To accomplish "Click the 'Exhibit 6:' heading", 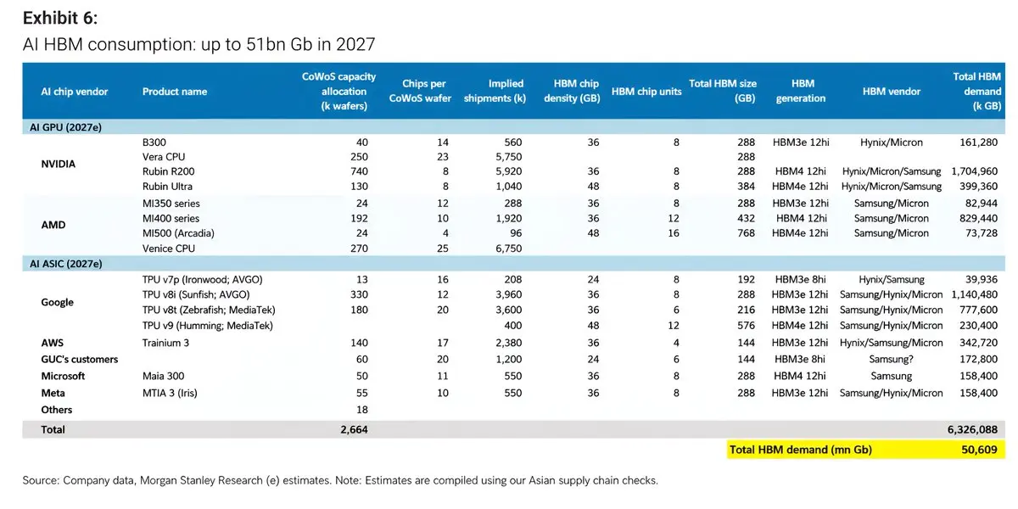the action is (x=60, y=18).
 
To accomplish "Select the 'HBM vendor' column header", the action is (x=892, y=92).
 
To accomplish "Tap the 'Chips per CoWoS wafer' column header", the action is (x=420, y=91).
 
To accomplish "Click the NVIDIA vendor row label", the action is (x=59, y=164).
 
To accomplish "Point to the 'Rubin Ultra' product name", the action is (x=167, y=187).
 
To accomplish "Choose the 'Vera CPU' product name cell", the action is (x=164, y=157).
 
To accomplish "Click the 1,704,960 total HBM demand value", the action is (x=975, y=171).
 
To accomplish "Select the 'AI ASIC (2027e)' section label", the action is (x=66, y=264).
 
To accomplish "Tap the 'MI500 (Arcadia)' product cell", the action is (x=178, y=233).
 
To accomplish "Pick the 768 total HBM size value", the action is (x=746, y=233).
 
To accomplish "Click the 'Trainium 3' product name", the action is (x=165, y=343).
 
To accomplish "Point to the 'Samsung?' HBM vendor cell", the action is (x=891, y=359).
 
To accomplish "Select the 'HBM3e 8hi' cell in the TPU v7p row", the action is (x=800, y=279).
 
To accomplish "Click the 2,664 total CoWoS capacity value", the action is (x=354, y=429).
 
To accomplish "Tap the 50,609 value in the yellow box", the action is (x=979, y=450).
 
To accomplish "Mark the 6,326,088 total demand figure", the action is (x=972, y=429).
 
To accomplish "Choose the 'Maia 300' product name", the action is (x=163, y=376).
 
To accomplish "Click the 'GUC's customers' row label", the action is (x=80, y=360).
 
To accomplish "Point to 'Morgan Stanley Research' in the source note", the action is (x=201, y=480).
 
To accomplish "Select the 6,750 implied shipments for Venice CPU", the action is (x=508, y=249).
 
